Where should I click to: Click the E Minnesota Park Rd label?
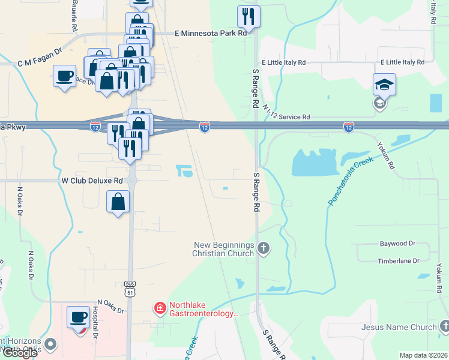click(x=210, y=34)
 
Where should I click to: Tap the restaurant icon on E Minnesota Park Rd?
click(x=249, y=17)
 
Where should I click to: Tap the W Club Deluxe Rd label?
click(x=92, y=180)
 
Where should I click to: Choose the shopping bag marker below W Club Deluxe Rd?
click(x=118, y=202)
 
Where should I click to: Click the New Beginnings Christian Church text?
click(x=223, y=249)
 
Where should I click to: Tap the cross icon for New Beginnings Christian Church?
click(x=263, y=248)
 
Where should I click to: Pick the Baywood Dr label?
click(x=397, y=244)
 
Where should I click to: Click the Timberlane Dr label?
click(x=397, y=260)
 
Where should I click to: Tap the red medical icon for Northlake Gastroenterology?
click(x=160, y=308)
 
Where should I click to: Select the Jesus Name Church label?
click(x=399, y=327)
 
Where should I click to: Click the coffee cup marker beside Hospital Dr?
click(x=77, y=317)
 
